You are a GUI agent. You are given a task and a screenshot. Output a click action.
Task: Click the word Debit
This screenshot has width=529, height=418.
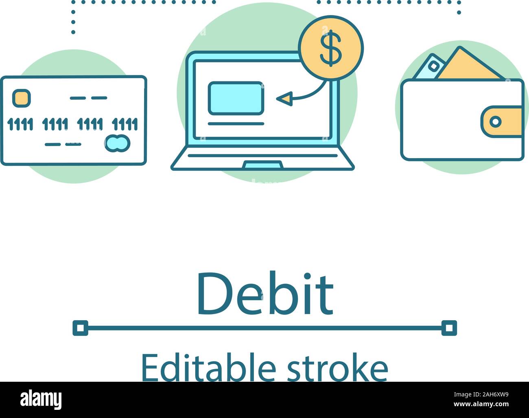[x=265, y=295]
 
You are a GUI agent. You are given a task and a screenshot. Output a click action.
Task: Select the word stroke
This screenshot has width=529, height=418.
[x=337, y=368]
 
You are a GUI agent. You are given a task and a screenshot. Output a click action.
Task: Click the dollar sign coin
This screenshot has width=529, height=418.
[x=330, y=48]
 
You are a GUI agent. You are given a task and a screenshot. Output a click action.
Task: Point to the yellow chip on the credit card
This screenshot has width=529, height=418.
[x=21, y=98]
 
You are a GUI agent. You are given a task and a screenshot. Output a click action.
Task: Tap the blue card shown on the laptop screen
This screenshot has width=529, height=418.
[x=236, y=98]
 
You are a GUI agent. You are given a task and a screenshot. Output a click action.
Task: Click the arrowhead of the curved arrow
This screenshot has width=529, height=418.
[x=284, y=99]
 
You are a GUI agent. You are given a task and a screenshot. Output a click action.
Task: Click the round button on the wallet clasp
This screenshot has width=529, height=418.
[x=495, y=121]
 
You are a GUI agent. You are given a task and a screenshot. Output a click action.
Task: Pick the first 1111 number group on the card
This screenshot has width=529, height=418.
[x=20, y=124]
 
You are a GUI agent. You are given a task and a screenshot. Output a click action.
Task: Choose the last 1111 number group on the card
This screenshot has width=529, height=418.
[x=125, y=124]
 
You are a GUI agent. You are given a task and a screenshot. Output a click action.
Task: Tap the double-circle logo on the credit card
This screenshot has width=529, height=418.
[x=118, y=143]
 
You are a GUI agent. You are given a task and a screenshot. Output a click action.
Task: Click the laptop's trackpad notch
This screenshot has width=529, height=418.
[x=263, y=165]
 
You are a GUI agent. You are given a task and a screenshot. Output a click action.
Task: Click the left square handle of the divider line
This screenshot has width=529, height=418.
[x=81, y=328]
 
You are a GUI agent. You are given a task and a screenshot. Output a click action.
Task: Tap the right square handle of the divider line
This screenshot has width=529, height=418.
[x=449, y=328]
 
